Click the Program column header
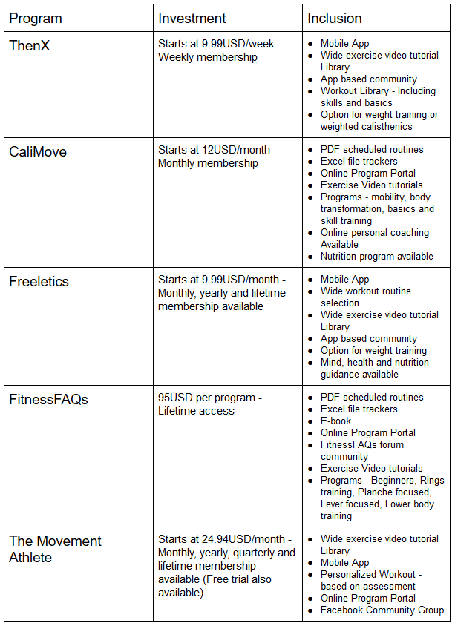(x=36, y=19)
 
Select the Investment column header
(x=192, y=19)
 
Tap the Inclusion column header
(x=335, y=19)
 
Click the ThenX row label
(x=30, y=46)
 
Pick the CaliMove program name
(x=38, y=152)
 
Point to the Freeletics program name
(x=39, y=282)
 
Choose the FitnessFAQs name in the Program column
(x=48, y=400)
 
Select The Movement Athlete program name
(x=55, y=549)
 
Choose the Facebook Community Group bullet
(x=382, y=610)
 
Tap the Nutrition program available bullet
(x=376, y=257)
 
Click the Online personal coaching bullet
(x=374, y=233)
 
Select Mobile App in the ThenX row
(x=344, y=44)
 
